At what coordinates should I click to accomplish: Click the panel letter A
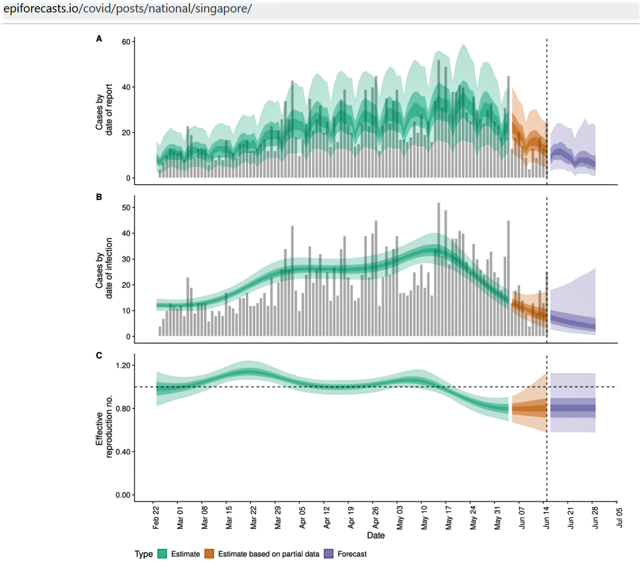tap(99, 39)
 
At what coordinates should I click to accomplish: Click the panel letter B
tap(99, 197)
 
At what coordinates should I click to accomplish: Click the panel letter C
tap(99, 355)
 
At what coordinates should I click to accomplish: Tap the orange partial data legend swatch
tap(210, 554)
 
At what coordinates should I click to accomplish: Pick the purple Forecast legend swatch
tap(330, 554)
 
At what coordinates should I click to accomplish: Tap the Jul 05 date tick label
tap(619, 518)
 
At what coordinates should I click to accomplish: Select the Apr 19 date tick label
tap(351, 518)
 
